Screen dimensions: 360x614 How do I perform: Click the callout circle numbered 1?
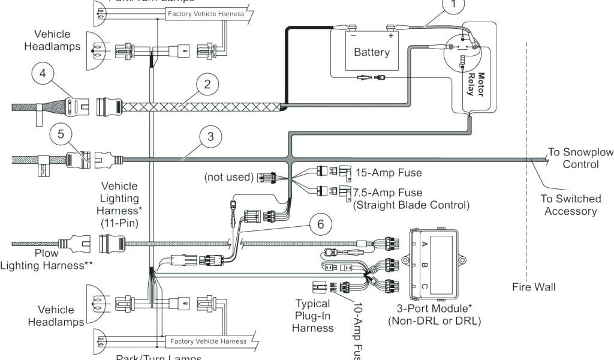point(453,5)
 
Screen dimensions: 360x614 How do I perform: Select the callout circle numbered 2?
point(207,85)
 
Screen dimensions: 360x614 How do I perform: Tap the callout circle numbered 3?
point(210,137)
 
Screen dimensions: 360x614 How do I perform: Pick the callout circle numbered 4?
point(43,75)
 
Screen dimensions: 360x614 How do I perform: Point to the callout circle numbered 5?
point(61,134)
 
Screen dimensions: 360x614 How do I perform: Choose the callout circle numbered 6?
point(321,224)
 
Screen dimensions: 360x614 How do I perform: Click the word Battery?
point(371,52)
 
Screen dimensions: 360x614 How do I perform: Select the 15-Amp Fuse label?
point(389,173)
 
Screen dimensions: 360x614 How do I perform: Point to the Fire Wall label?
point(534,287)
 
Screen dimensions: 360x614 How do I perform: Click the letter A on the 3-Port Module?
point(425,244)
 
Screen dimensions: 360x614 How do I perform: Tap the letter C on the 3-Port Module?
point(425,287)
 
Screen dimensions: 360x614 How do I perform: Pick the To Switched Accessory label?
point(570,205)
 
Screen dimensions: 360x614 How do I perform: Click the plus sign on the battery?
point(390,35)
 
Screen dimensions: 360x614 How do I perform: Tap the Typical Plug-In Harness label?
point(312,316)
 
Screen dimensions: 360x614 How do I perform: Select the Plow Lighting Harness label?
point(46,259)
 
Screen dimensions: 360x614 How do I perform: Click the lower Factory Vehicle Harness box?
point(208,341)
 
